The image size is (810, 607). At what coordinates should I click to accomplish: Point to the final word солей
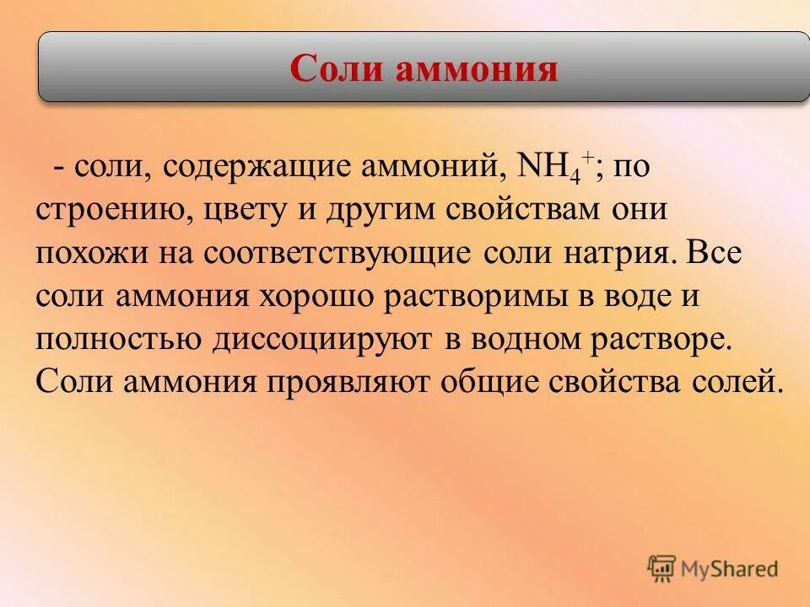pos(733,382)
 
